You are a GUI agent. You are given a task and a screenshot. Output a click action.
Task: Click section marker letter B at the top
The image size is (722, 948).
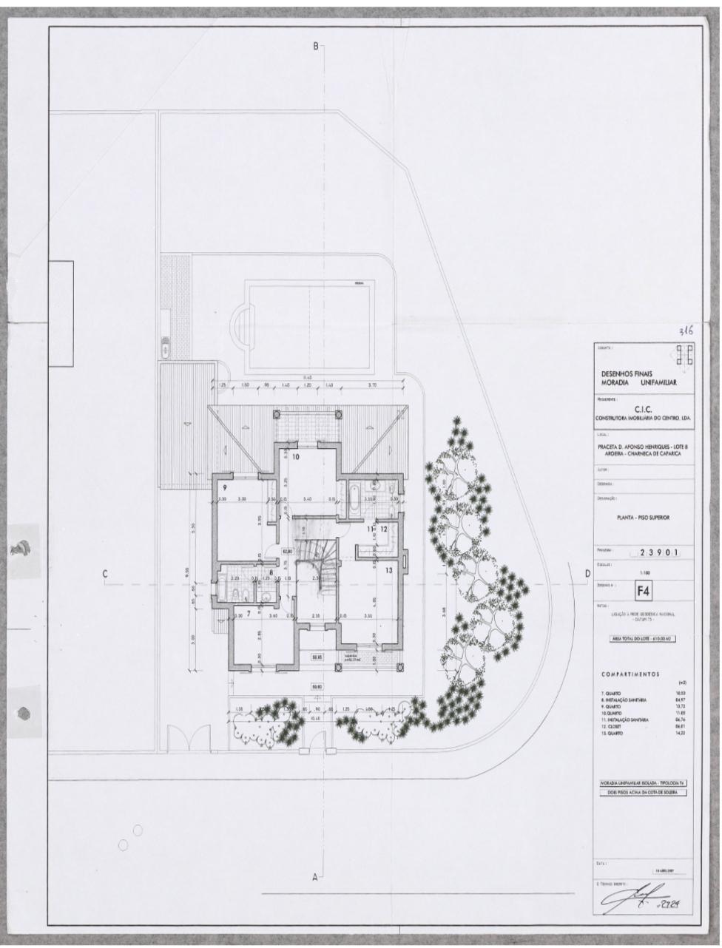coord(316,46)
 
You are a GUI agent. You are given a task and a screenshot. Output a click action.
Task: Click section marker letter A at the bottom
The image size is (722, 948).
coord(314,877)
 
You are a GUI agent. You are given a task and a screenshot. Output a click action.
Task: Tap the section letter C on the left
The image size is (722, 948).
coord(106,574)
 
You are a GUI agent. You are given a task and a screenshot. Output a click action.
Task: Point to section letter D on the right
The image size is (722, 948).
coord(587,573)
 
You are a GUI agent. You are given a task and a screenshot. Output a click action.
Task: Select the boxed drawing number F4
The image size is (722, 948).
coord(644,590)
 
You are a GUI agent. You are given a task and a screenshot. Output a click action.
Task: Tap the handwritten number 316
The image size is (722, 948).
coord(686,333)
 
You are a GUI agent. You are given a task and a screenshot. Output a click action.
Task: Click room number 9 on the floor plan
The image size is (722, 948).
coord(224,487)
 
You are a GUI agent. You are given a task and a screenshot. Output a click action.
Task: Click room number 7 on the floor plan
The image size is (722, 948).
coord(249,613)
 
